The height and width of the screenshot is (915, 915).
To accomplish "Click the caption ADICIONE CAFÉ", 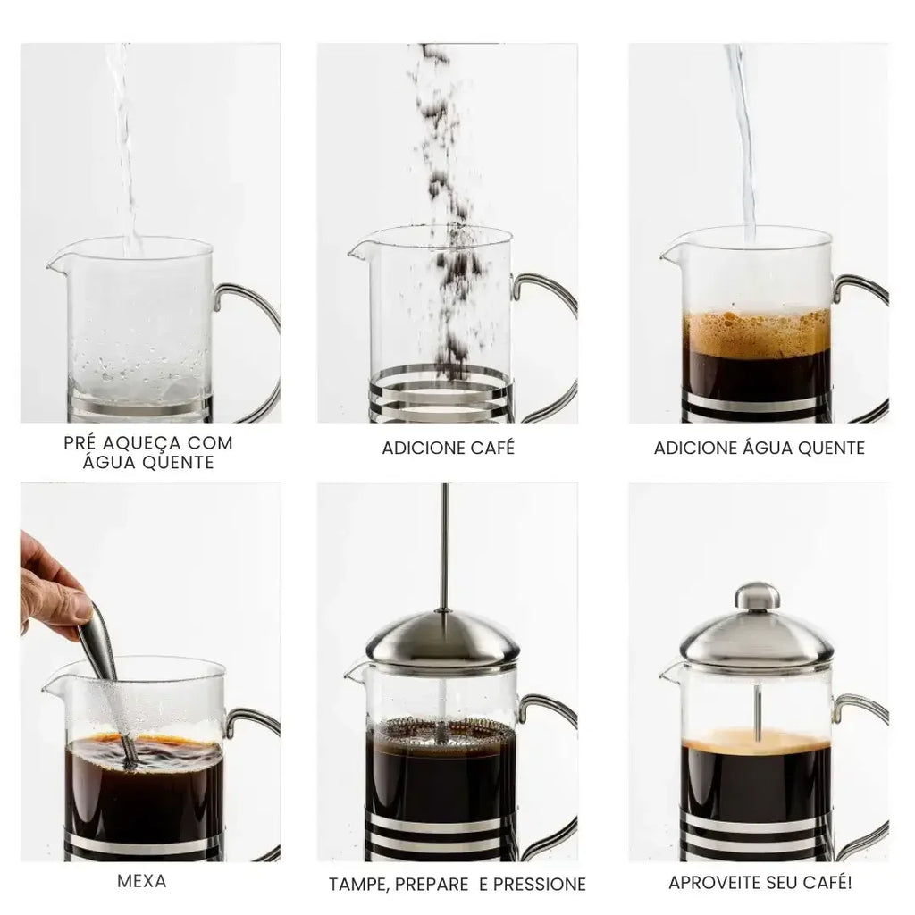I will coord(448,448).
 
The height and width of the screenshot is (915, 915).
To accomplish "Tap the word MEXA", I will coord(141,881).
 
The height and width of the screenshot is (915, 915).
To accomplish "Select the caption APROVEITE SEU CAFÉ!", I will coord(760,883).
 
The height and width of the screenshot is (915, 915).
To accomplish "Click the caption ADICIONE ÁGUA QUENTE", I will coord(759,448).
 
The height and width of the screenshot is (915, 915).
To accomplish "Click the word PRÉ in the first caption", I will coord(83,442).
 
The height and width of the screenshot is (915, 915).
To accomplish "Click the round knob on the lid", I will coord(757,596).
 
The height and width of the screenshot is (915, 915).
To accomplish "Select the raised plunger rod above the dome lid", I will coord(444,545).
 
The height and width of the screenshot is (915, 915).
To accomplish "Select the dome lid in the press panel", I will coord(444,639).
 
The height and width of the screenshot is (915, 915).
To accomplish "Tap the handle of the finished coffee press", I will coord(862,760).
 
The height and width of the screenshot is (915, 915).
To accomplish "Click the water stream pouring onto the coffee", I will coord(742,134).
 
